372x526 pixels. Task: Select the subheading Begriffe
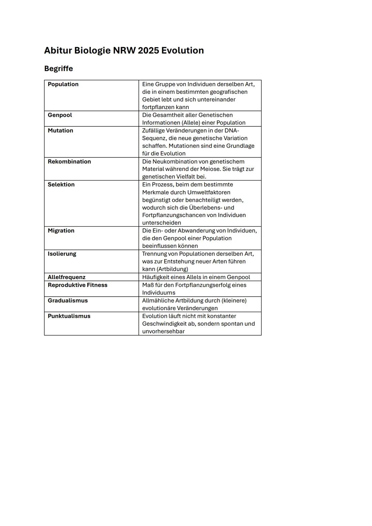(x=59, y=69)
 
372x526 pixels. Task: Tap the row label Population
(x=63, y=84)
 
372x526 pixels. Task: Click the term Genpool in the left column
(x=60, y=115)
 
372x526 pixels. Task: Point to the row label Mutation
(x=60, y=131)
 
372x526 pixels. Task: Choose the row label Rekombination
(x=69, y=162)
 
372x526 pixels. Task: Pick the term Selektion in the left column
(x=61, y=185)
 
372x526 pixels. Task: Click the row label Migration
(x=61, y=231)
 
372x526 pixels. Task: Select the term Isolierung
(x=62, y=254)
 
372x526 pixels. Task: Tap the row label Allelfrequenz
(x=66, y=277)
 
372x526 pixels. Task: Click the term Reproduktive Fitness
(x=77, y=285)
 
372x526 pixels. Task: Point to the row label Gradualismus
(x=68, y=301)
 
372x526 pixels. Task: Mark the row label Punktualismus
(x=69, y=316)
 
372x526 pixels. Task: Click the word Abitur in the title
(x=58, y=51)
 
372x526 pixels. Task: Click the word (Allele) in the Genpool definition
(x=191, y=123)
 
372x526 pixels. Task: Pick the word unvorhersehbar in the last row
(x=163, y=331)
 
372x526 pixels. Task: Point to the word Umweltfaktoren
(x=209, y=193)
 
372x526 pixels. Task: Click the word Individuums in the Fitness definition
(x=159, y=293)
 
